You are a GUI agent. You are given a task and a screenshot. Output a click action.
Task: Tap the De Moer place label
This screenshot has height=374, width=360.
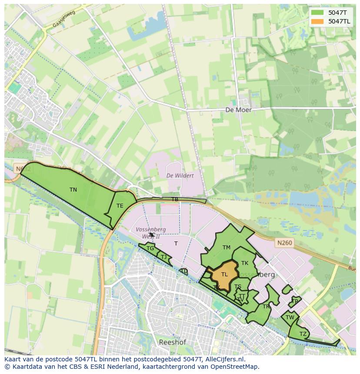238,110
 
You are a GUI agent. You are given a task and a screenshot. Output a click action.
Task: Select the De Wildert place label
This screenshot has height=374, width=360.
180,175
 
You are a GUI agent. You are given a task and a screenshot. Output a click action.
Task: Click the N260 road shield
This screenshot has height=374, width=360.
283,243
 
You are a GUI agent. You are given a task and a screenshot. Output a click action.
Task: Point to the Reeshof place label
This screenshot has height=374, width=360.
173,342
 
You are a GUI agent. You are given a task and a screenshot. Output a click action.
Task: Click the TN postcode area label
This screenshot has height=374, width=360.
73,190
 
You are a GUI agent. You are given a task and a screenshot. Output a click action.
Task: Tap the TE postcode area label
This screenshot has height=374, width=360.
120,206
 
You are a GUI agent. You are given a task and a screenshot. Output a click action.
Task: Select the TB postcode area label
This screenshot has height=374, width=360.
174,199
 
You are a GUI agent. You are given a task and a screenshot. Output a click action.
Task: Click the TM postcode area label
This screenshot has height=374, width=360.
226,248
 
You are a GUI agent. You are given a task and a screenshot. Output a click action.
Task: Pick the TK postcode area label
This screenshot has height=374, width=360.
245,263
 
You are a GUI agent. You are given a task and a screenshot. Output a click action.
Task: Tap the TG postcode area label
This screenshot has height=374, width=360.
150,248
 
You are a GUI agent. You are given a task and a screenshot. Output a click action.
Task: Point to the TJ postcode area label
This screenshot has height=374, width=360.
163,257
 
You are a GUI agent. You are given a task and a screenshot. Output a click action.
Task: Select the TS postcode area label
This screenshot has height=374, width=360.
238,287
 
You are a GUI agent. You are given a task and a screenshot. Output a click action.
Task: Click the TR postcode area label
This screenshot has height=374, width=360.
266,307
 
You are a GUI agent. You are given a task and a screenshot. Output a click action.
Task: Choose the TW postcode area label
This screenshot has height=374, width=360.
290,318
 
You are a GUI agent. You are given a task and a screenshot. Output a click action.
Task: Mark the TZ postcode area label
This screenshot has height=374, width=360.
303,334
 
